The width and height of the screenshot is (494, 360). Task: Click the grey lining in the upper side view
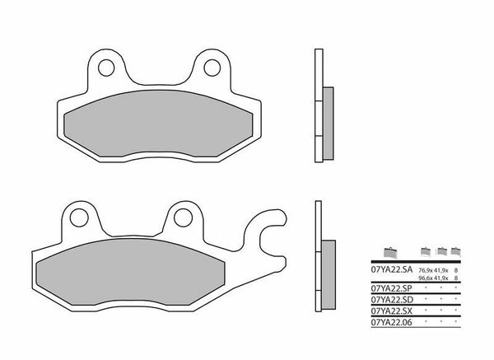(328, 124)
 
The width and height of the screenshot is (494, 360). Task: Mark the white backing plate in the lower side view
(316, 251)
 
